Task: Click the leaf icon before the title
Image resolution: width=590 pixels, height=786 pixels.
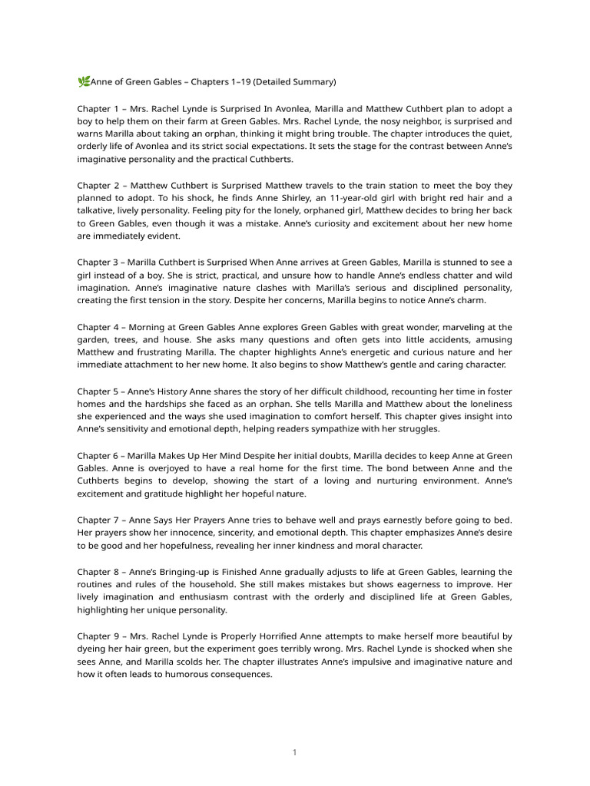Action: pyautogui.click(x=84, y=81)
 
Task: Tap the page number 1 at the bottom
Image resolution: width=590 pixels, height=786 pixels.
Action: pyautogui.click(x=294, y=752)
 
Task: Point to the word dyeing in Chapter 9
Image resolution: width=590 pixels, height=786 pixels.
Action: pyautogui.click(x=93, y=649)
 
